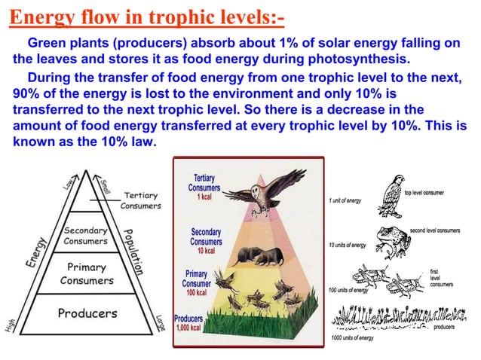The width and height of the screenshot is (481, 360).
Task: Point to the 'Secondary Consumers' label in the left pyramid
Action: (84, 235)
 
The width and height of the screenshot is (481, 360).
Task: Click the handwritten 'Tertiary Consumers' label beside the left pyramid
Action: (140, 200)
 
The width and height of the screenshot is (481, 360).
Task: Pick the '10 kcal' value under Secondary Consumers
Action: (205, 251)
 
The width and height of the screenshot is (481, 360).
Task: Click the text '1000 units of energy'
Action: (352, 338)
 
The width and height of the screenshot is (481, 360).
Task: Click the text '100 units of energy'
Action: (349, 290)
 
